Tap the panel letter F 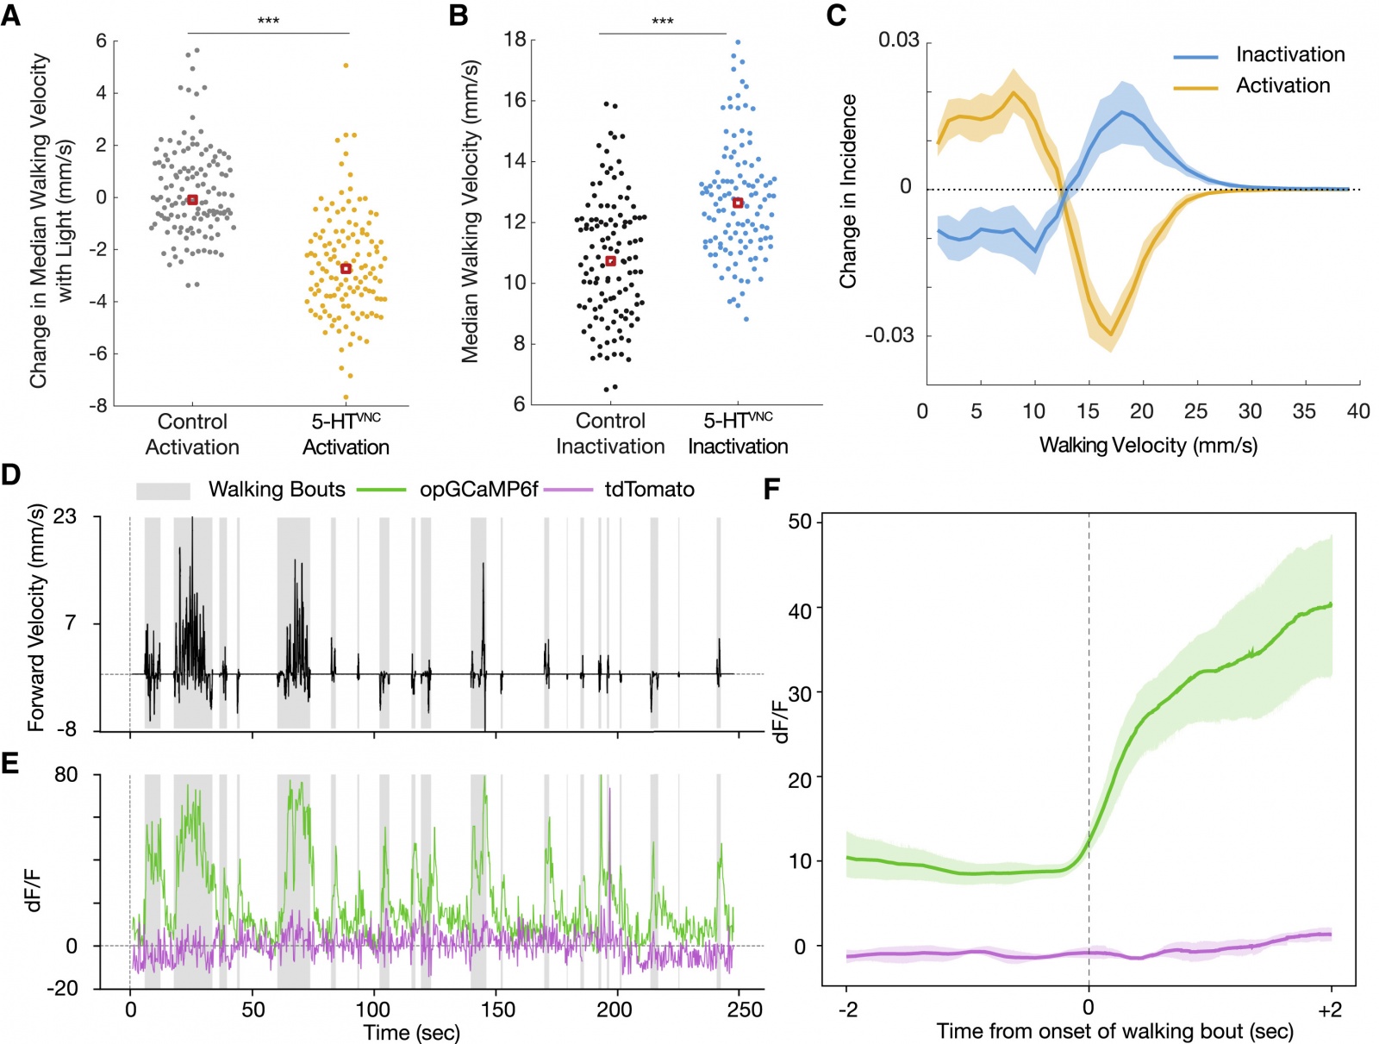tap(771, 490)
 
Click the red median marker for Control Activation tap(192, 200)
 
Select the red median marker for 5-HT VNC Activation tap(346, 269)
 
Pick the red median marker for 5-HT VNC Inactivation tap(738, 203)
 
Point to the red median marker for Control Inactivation tap(610, 261)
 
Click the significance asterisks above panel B tap(662, 22)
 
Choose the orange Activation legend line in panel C tap(1195, 87)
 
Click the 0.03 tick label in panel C tap(898, 41)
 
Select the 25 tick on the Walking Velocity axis tap(1195, 411)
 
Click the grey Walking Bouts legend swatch tap(163, 491)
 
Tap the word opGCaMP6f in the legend tap(478, 490)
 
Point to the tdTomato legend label tap(649, 490)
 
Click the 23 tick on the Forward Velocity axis tap(65, 517)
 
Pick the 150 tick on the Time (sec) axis tap(498, 1010)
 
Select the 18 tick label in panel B tap(515, 41)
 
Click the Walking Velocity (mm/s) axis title tap(1148, 446)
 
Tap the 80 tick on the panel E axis tap(66, 775)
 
